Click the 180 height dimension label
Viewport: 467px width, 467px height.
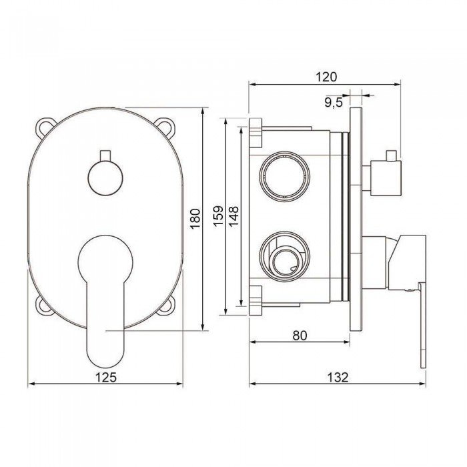pyautogui.click(x=195, y=219)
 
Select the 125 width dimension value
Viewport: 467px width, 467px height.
pyautogui.click(x=105, y=378)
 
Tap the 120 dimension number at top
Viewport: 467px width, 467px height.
pyautogui.click(x=326, y=77)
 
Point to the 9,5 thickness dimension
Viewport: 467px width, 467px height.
pyautogui.click(x=334, y=103)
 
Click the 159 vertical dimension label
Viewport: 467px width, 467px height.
pyautogui.click(x=218, y=215)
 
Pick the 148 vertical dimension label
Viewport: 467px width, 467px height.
pyautogui.click(x=233, y=216)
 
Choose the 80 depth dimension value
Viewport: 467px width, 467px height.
pyautogui.click(x=300, y=336)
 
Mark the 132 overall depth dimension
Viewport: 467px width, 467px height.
pyautogui.click(x=338, y=378)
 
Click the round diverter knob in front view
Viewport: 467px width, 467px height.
pyautogui.click(x=105, y=178)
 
